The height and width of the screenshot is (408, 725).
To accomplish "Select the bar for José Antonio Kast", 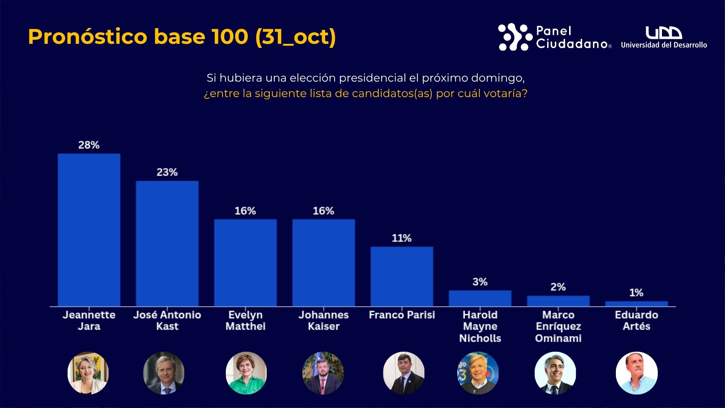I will tap(167, 243).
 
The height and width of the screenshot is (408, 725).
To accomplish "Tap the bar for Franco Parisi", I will tap(402, 276).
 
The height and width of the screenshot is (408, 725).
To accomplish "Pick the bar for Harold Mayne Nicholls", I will tap(480, 298).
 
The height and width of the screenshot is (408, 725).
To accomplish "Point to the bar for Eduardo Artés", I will tap(636, 304).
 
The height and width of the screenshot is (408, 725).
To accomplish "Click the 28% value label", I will tap(89, 145).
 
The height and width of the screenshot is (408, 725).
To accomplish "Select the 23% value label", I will tap(167, 172).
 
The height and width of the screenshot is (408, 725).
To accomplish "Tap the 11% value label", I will tap(401, 238).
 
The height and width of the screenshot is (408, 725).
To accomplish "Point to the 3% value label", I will tap(480, 282).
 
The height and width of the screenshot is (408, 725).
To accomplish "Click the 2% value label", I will tap(558, 287).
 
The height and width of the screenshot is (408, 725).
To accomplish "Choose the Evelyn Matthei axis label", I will tap(245, 320).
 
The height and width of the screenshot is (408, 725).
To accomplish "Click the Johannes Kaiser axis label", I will tap(324, 320).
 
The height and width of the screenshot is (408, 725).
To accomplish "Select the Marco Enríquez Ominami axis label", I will tap(558, 326).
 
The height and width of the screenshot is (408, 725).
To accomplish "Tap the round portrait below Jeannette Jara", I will tap(88, 373).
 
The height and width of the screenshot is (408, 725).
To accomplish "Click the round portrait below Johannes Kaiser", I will tap(323, 373).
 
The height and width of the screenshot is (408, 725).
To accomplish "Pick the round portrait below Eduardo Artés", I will tap(637, 373).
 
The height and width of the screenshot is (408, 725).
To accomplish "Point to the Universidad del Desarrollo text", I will tap(664, 45).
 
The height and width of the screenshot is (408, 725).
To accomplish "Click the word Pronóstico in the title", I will tap(88, 37).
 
